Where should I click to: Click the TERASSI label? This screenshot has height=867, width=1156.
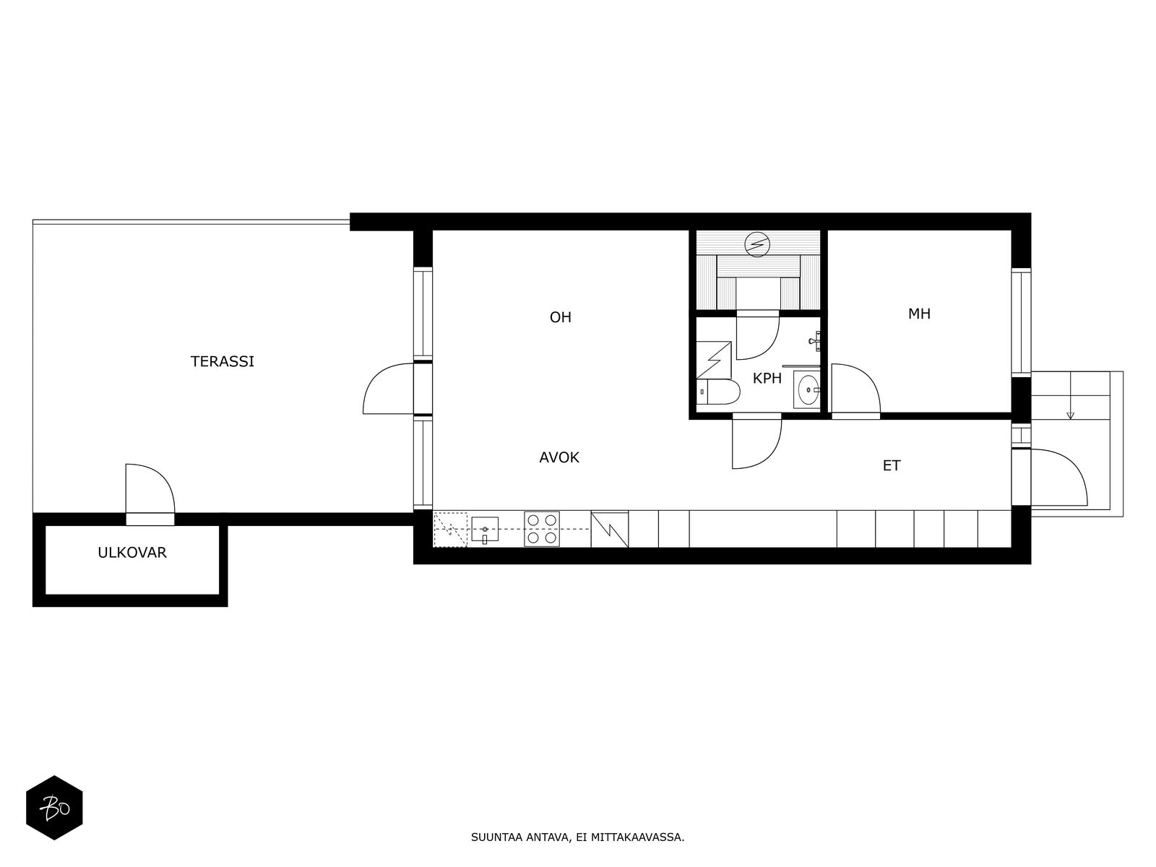(223, 362)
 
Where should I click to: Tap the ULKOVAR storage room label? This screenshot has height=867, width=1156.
(132, 553)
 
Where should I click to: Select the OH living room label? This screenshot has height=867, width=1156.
(561, 317)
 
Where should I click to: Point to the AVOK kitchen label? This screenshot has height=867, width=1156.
(558, 458)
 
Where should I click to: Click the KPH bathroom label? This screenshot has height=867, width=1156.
(767, 379)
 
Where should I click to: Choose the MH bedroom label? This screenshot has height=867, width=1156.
(919, 314)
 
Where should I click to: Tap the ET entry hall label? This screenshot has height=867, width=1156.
(891, 466)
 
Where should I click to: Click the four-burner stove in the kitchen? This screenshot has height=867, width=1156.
(541, 529)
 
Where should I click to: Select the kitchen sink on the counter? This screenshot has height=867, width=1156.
(485, 530)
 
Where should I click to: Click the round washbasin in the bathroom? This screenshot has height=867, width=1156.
(807, 390)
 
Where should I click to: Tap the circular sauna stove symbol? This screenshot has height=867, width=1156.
(757, 245)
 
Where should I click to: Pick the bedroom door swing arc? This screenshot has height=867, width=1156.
(855, 389)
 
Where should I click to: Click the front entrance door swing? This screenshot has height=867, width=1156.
(1058, 477)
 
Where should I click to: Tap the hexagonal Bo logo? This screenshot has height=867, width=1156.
(54, 807)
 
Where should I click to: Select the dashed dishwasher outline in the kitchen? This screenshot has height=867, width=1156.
(450, 530)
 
